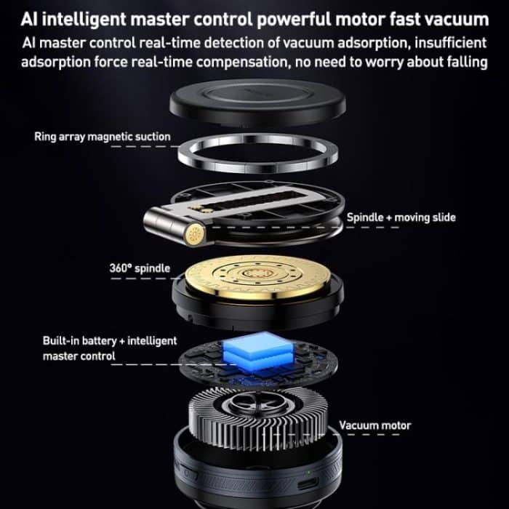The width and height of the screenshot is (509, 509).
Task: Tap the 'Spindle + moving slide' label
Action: click(401, 217)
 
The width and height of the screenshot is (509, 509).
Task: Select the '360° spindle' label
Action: click(140, 268)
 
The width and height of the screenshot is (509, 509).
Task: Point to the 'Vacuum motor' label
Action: click(374, 425)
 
